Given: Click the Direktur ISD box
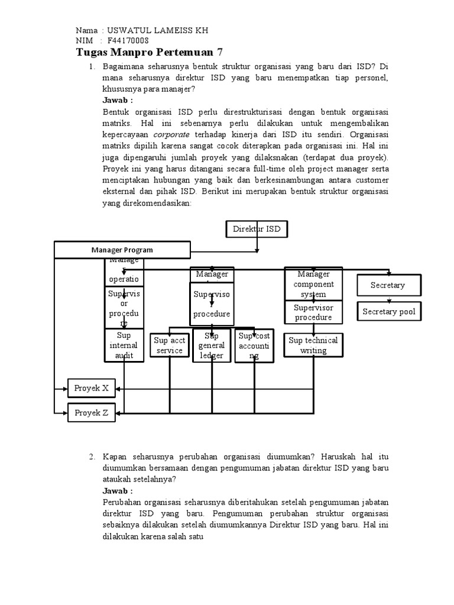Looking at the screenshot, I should point(257,229).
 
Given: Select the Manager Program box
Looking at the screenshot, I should point(122,250).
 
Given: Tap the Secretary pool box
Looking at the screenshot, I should point(388,311).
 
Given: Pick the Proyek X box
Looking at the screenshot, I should point(91,388).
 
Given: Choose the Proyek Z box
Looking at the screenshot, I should point(91,413).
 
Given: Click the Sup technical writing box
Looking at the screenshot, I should point(313,345).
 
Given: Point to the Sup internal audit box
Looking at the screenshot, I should point(124,346).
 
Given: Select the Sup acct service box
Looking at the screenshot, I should point(170,345).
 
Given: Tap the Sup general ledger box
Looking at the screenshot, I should point(212,346).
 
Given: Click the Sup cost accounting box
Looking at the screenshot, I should point(254,345).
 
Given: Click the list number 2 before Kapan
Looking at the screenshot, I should point(92,457).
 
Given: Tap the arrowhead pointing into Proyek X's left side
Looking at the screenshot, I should point(64,388).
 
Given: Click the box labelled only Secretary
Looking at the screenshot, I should point(388,285).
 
